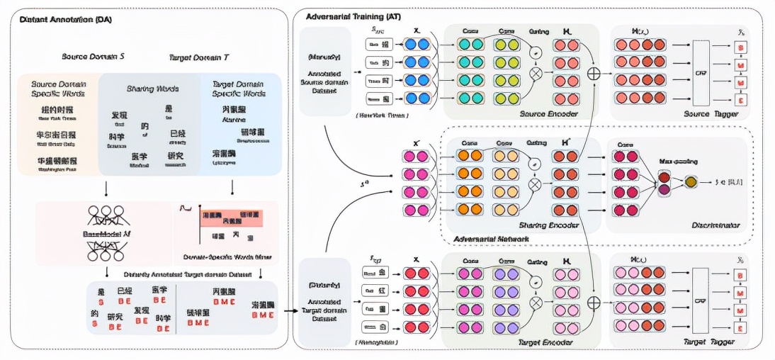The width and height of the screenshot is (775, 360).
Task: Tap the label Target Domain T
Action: [x=199, y=56]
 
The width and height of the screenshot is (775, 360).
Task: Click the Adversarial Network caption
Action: [x=490, y=240]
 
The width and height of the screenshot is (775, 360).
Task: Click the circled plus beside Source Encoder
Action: [x=594, y=72]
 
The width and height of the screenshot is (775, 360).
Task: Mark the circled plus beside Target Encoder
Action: [x=594, y=301]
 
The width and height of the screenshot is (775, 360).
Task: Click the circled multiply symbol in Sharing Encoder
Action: [x=536, y=184]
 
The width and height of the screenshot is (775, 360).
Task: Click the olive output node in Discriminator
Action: [x=691, y=182]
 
